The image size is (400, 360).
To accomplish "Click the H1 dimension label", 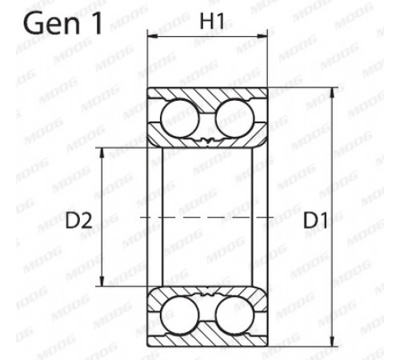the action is pos(212,21).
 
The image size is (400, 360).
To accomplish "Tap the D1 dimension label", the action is pos(315,221).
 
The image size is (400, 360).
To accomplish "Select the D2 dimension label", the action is pos(79,221).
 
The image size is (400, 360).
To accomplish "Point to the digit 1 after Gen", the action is pos(96,23).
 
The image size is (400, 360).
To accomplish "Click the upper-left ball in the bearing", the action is pos(180,118).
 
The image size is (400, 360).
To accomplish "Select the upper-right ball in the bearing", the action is pos(234,118).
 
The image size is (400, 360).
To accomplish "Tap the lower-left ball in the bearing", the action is pos(180,315).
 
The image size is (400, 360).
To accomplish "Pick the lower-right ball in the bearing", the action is pos(234,315).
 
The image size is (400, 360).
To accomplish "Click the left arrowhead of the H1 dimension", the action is pos(153,36).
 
